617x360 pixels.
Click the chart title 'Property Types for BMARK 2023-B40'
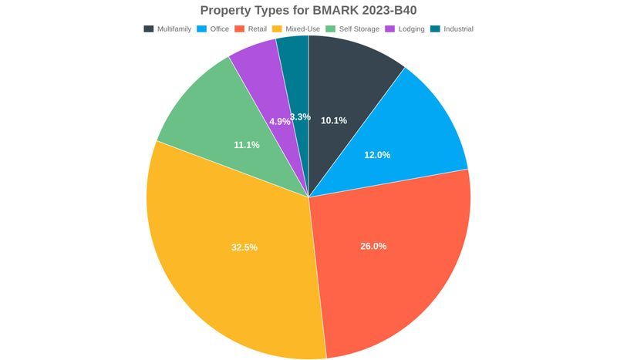[x=308, y=11]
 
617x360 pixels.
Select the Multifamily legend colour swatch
[x=148, y=29]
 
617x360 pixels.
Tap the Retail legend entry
[x=257, y=29]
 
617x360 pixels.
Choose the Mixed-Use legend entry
[x=303, y=29]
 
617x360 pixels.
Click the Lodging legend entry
[x=411, y=29]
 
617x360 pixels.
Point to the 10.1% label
[x=334, y=120]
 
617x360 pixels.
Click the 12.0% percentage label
[x=377, y=154]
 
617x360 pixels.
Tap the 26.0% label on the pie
[x=373, y=246]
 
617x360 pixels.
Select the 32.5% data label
[x=244, y=247]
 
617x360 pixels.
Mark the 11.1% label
[x=247, y=145]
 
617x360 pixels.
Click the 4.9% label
[x=279, y=122]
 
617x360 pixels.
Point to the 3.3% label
[x=300, y=117]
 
